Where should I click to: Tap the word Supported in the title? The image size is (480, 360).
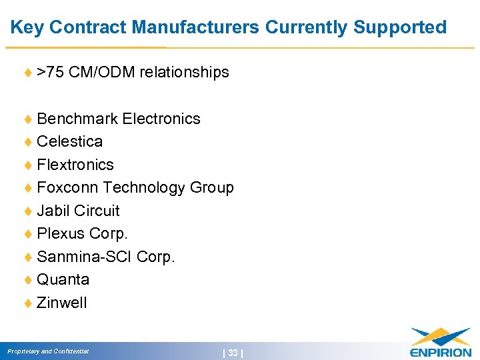coord(400,27)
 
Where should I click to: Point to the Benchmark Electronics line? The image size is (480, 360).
coord(119,119)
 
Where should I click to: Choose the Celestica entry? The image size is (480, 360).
coord(70,141)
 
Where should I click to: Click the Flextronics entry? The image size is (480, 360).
coord(75,165)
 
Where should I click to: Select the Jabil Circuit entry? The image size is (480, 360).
coord(79,211)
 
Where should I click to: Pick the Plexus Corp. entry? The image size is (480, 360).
coord(83,233)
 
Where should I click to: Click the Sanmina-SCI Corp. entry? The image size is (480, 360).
coord(106,257)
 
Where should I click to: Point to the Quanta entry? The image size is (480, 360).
coord(63,279)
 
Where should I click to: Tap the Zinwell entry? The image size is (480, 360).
coord(62,303)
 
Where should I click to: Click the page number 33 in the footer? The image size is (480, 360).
coord(233,353)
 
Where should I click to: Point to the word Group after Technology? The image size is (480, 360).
coord(212,187)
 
